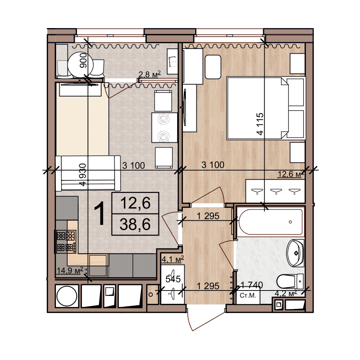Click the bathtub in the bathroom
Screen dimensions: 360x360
point(270,221)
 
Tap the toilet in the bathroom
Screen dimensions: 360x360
point(290,281)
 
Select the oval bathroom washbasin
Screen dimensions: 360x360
point(296,253)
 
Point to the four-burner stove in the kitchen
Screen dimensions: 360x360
point(66,242)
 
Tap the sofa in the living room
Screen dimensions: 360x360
point(88,173)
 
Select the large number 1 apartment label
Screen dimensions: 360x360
point(99,214)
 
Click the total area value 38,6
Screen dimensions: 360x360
point(135,225)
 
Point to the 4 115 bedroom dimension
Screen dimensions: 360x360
point(260,124)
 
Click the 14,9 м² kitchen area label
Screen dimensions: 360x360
point(70,270)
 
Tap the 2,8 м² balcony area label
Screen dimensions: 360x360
point(149,74)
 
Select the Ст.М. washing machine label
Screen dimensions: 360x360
point(248,295)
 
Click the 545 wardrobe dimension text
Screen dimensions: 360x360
point(173,279)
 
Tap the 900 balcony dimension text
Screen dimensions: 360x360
point(83,60)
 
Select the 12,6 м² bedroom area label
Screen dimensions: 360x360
point(291,174)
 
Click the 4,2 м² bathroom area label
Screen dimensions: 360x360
point(286,293)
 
